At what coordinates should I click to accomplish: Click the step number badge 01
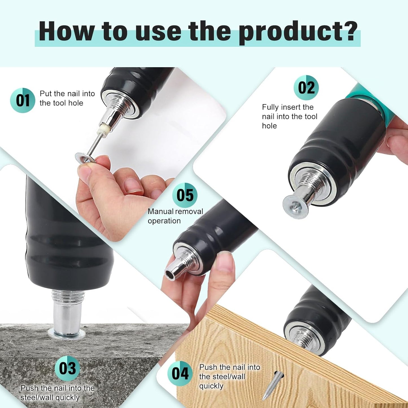tap(23, 100)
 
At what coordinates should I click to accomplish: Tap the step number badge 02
tap(306, 88)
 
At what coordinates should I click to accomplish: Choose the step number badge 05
tap(185, 195)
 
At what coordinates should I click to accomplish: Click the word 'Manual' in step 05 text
tap(161, 211)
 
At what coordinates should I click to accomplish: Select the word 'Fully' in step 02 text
tap(270, 107)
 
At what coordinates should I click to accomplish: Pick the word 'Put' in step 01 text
tap(45, 93)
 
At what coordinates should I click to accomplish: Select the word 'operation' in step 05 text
tap(164, 221)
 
